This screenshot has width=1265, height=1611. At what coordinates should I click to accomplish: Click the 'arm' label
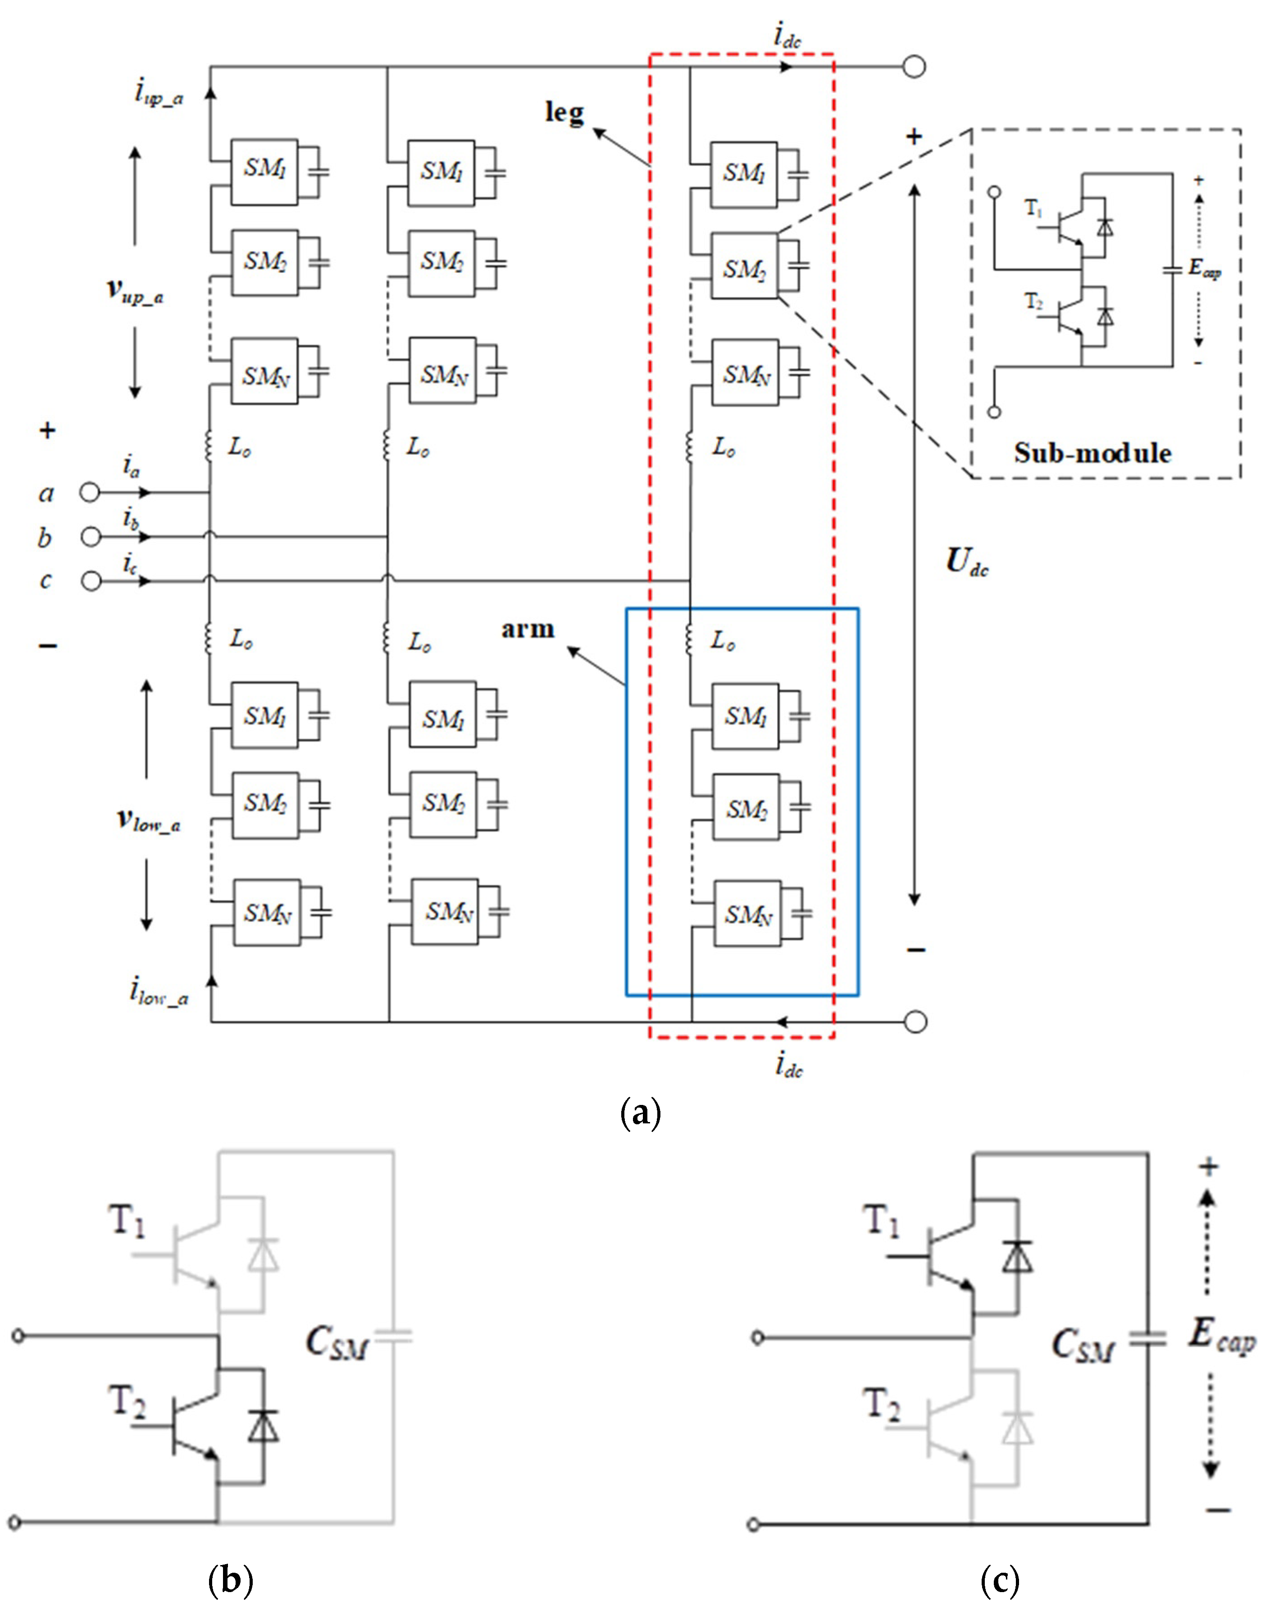click(528, 629)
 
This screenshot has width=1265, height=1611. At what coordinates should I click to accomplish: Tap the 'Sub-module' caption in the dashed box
click(1092, 453)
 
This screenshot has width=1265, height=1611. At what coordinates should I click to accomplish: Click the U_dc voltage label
click(966, 563)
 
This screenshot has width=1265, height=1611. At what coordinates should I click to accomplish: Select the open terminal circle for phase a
click(90, 492)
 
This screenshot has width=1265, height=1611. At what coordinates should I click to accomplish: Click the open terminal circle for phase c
click(91, 581)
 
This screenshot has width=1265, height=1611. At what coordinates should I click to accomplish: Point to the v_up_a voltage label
click(135, 291)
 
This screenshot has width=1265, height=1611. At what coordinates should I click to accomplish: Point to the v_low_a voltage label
click(148, 820)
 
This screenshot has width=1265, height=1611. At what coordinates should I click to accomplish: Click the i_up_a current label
click(159, 94)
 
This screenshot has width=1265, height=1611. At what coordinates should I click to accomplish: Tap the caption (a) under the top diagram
click(639, 1113)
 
